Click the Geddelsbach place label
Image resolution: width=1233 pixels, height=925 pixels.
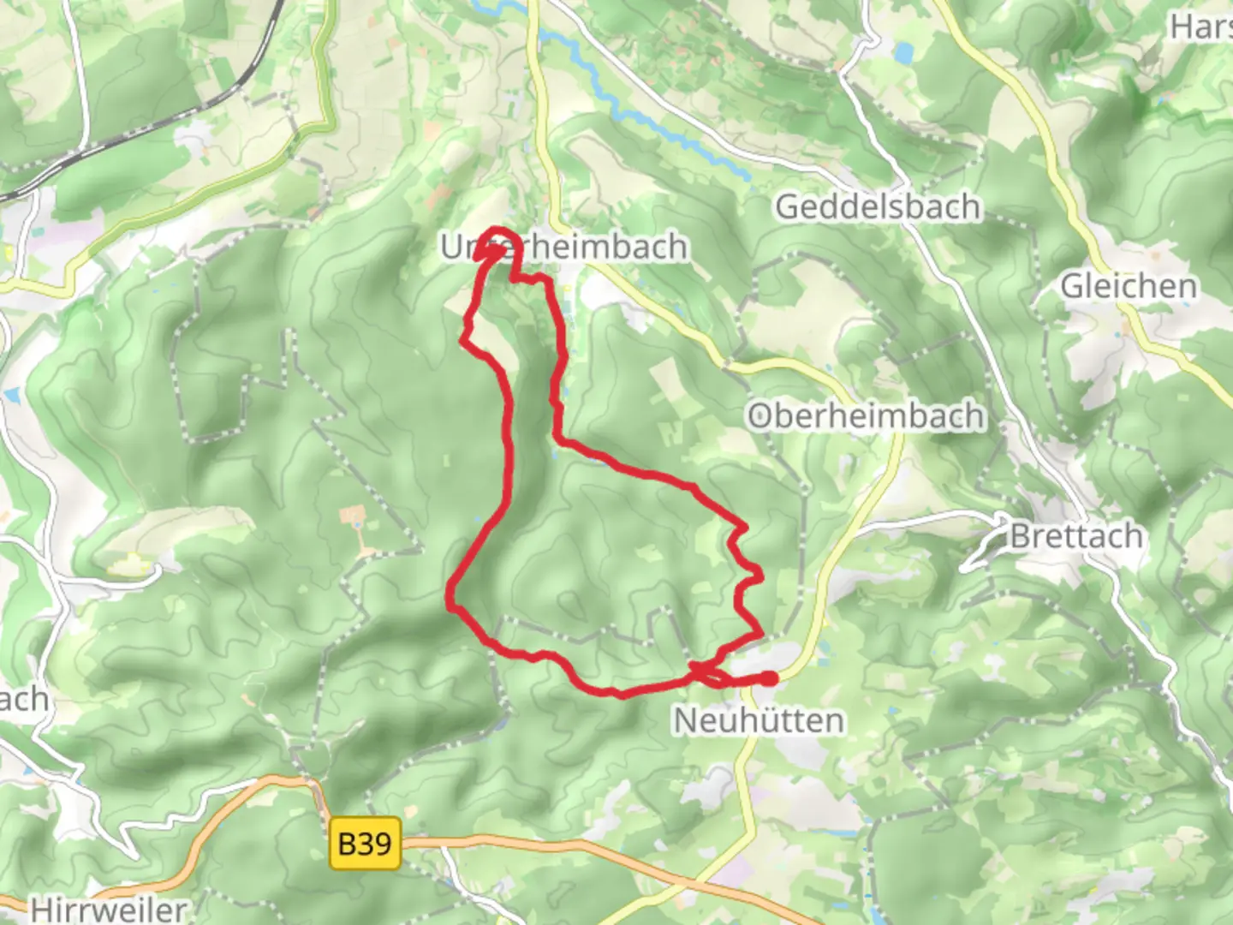pos(878,207)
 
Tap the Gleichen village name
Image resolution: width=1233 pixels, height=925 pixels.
pos(1129,286)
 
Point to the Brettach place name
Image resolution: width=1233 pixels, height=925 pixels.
pos(1076,536)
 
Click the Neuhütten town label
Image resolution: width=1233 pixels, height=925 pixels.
pos(759,720)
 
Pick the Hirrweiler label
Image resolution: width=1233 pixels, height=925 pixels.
pos(109,908)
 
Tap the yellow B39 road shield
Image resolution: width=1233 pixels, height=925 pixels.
pos(365,844)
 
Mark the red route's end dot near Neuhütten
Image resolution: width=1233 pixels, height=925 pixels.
pos(770,678)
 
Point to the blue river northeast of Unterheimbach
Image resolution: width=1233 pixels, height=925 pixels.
pos(651,120)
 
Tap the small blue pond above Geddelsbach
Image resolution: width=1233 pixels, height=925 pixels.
pos(902,53)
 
